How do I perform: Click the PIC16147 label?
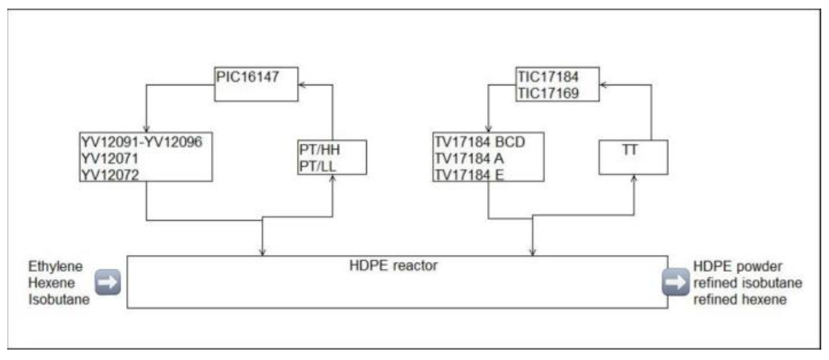point(247,77)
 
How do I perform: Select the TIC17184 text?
point(548,77)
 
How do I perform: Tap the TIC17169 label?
point(548,93)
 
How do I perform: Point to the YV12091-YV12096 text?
point(142,142)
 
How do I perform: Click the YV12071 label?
point(110,158)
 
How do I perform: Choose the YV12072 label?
point(110,175)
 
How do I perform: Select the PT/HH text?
point(319,150)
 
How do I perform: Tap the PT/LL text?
point(317,166)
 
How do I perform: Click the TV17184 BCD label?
point(480,142)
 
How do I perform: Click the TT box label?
point(630,150)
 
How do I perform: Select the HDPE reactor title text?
point(393,266)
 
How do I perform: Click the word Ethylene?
point(55,266)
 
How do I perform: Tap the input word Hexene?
point(51,283)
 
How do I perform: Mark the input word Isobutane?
point(59,299)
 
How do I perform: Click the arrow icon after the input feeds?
point(108,282)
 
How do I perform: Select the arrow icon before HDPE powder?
point(675,282)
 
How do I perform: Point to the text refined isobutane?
point(748,283)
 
